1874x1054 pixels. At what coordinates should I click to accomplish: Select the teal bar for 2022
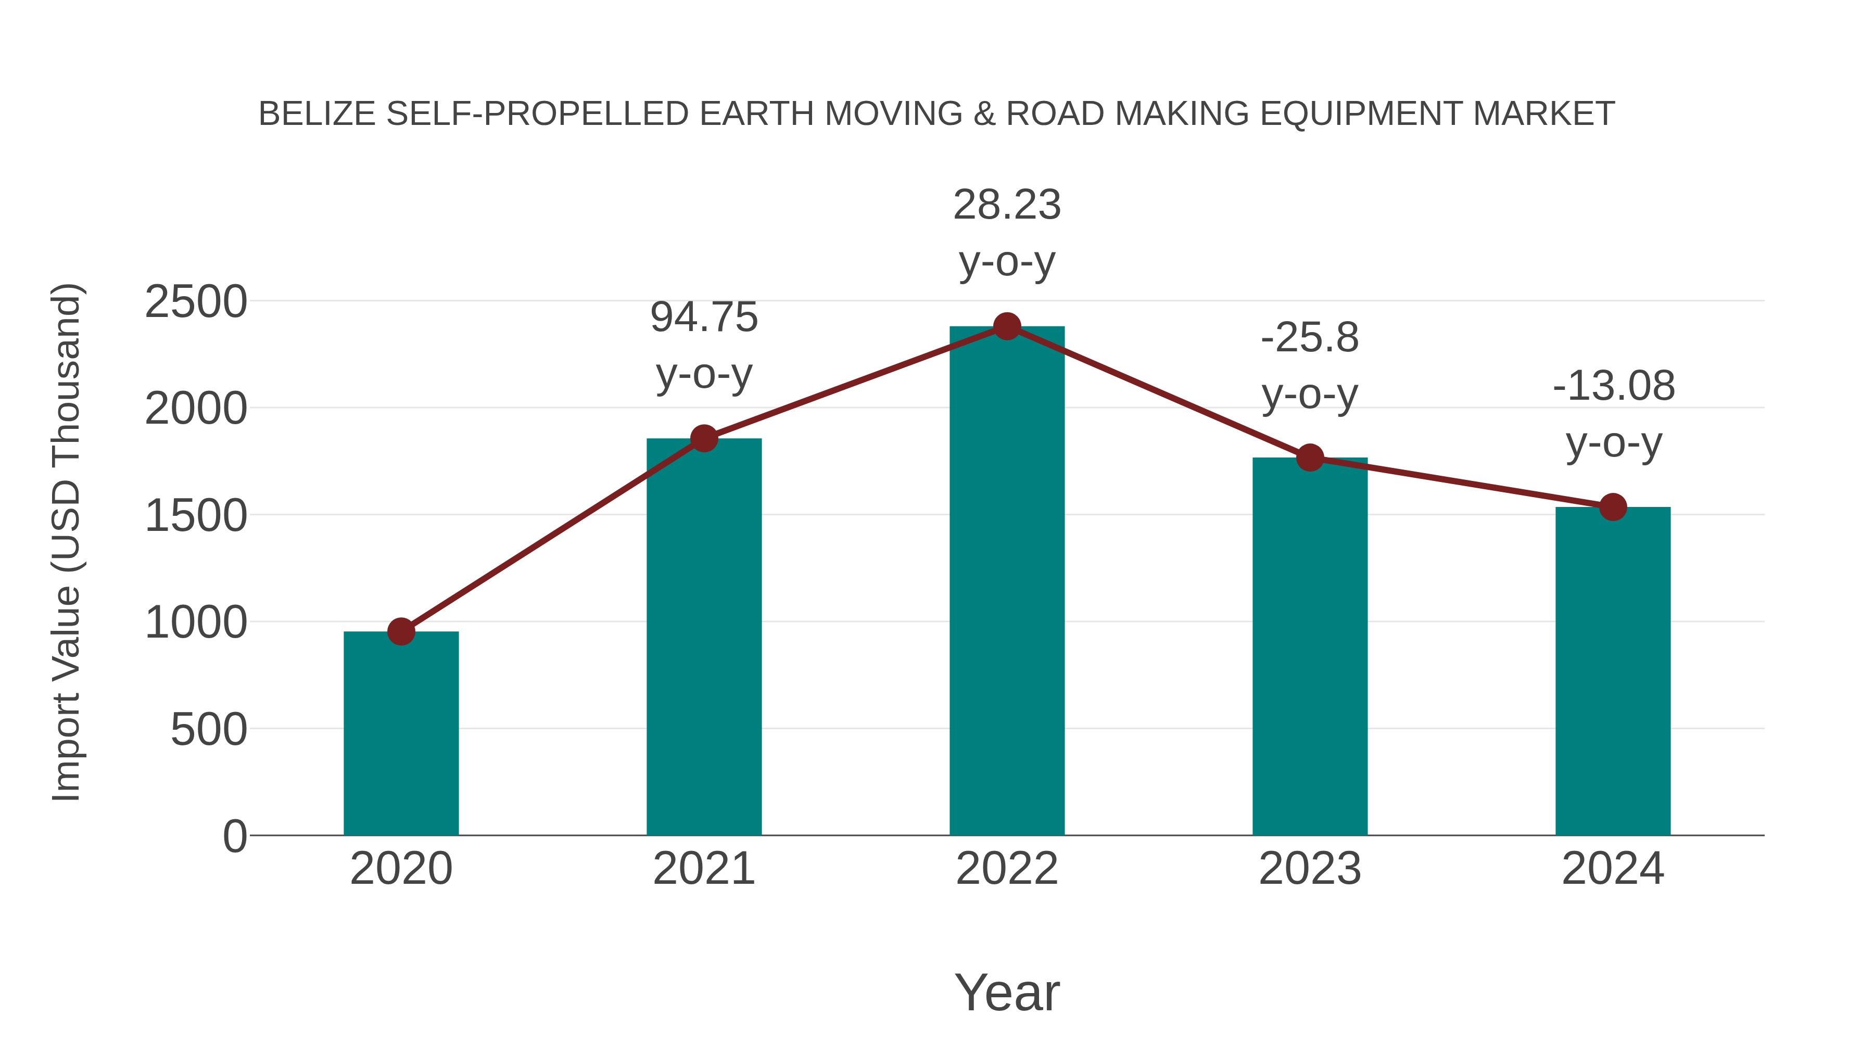pyautogui.click(x=1007, y=582)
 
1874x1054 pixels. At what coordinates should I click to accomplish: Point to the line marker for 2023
pyautogui.click(x=1310, y=458)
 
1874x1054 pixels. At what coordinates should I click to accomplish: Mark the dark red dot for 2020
pyautogui.click(x=401, y=631)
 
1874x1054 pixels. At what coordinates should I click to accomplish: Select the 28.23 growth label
pyautogui.click(x=1007, y=233)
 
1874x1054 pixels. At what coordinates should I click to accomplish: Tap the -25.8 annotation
pyautogui.click(x=1310, y=366)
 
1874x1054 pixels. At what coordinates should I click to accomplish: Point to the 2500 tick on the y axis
pyautogui.click(x=196, y=302)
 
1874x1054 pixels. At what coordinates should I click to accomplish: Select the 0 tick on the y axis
pyautogui.click(x=234, y=836)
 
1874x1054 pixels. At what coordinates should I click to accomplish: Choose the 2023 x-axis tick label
pyautogui.click(x=1310, y=869)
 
